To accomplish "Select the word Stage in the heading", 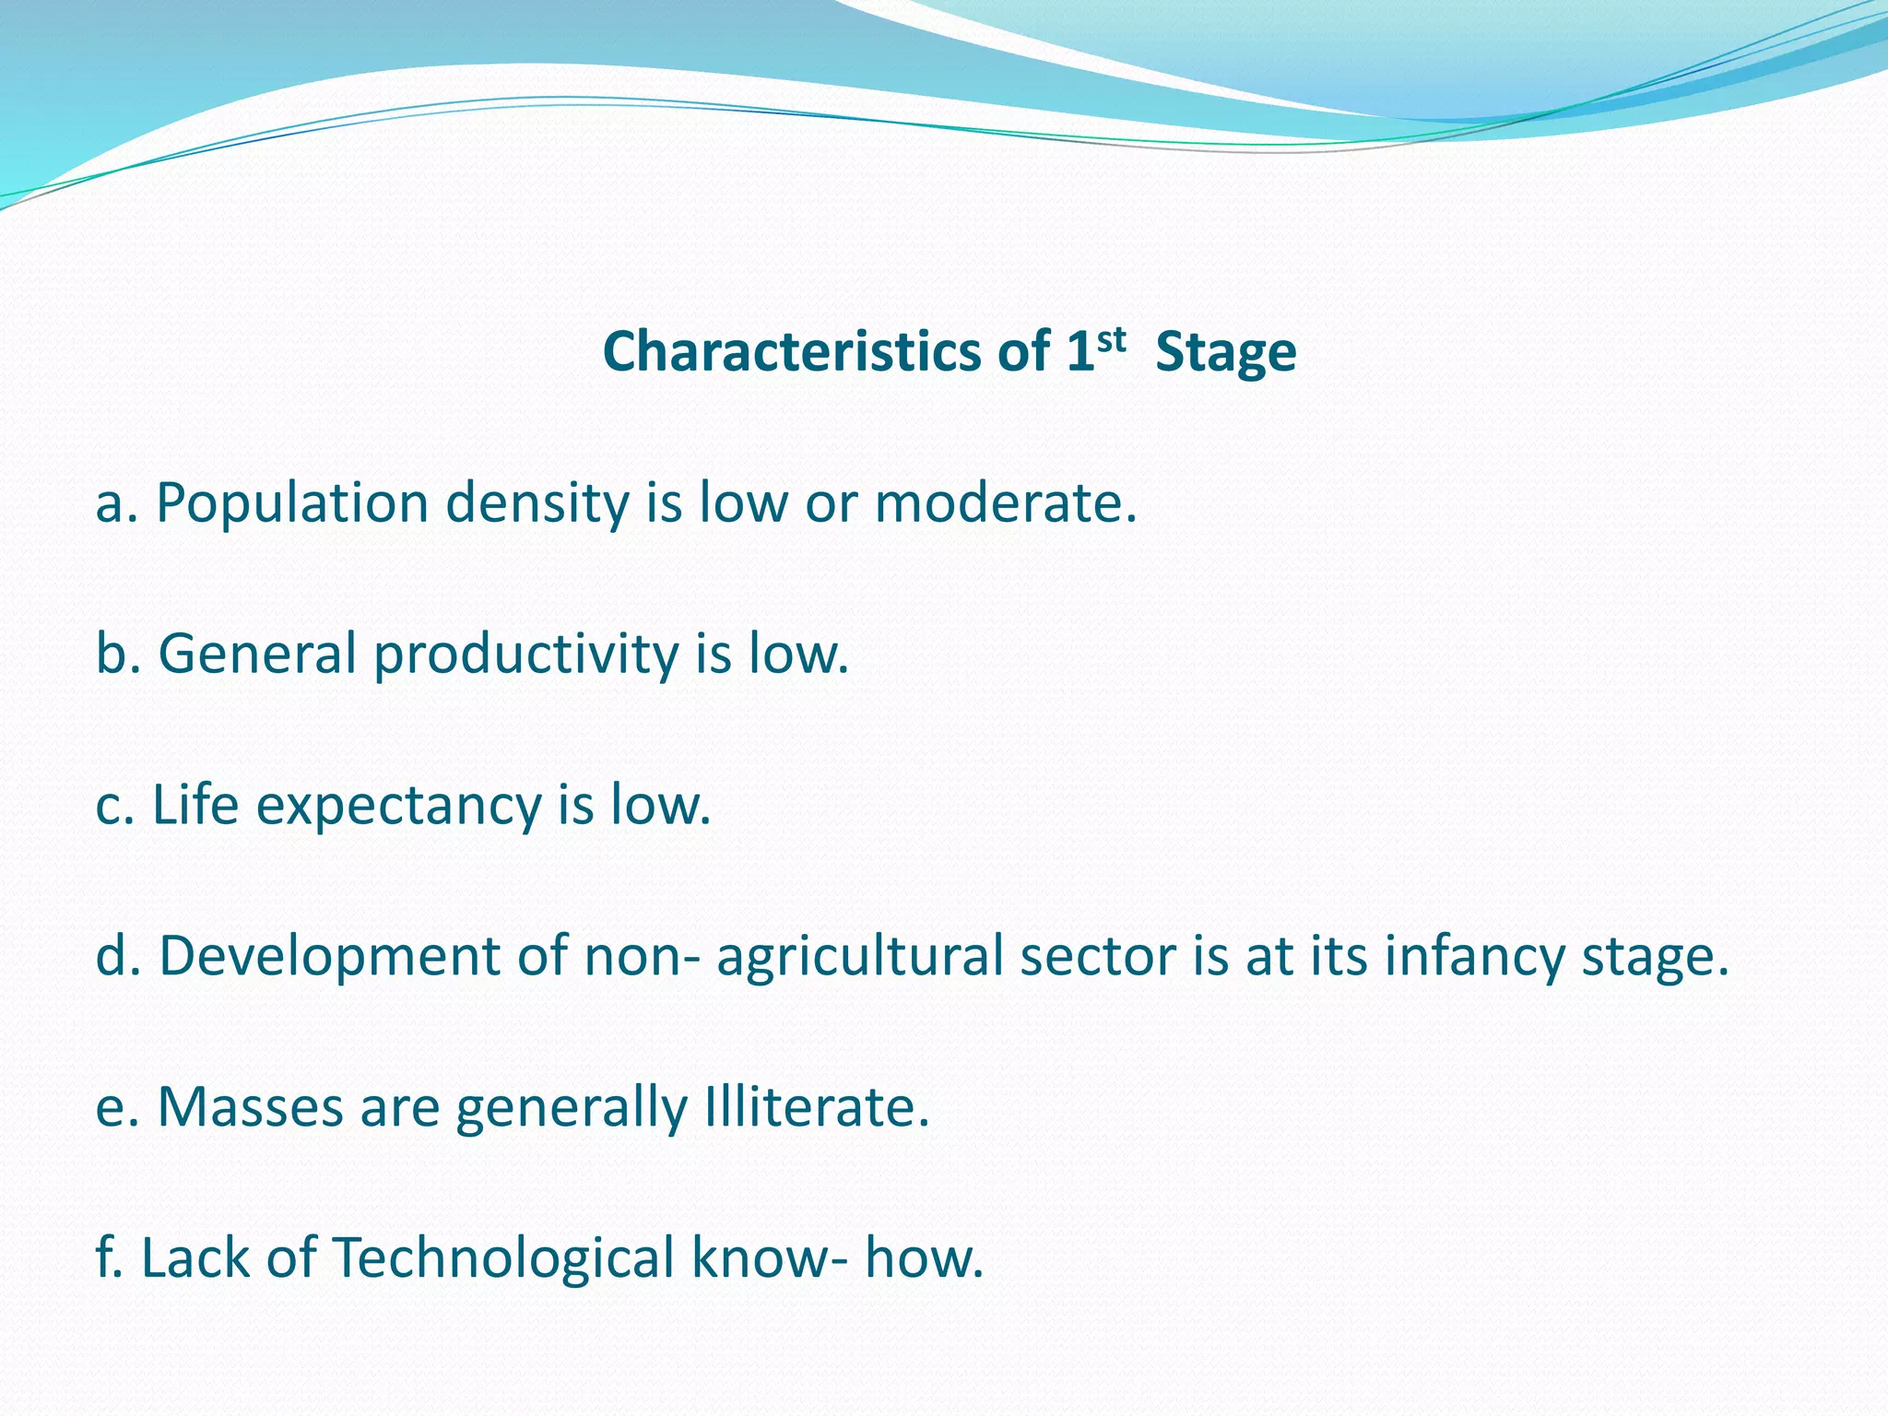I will tap(1225, 353).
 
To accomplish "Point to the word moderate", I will tap(1005, 504).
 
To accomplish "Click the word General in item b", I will tap(257, 654).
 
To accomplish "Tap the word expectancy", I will tap(398, 806).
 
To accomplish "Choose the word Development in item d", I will tap(329, 956).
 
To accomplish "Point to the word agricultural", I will tap(859, 956).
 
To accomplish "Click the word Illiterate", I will tap(816, 1106).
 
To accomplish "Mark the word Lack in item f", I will tap(195, 1257).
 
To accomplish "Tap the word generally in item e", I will tap(572, 1108).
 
